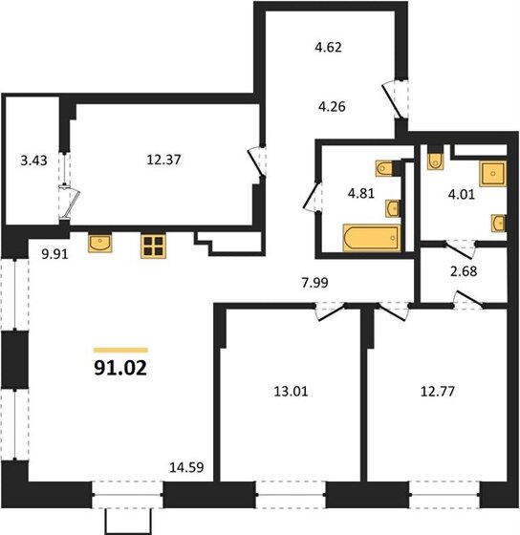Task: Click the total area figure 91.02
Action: point(121,365)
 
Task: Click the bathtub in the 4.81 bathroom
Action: point(367,237)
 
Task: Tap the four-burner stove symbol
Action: point(153,246)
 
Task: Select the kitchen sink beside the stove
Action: point(100,243)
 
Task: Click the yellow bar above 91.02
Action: point(120,350)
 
